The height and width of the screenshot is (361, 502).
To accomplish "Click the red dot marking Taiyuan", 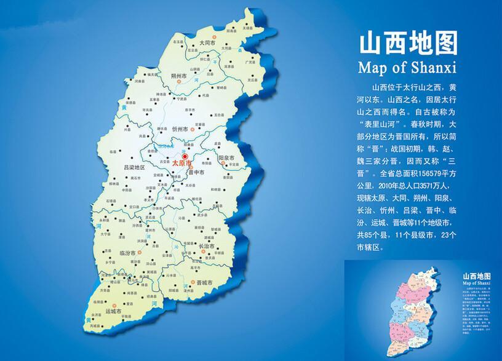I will [x=185, y=157].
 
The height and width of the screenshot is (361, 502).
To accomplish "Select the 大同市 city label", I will [x=206, y=44].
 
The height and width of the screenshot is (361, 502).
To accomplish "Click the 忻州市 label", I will [x=180, y=130].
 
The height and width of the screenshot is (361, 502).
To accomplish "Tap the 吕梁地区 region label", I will [x=133, y=167].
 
